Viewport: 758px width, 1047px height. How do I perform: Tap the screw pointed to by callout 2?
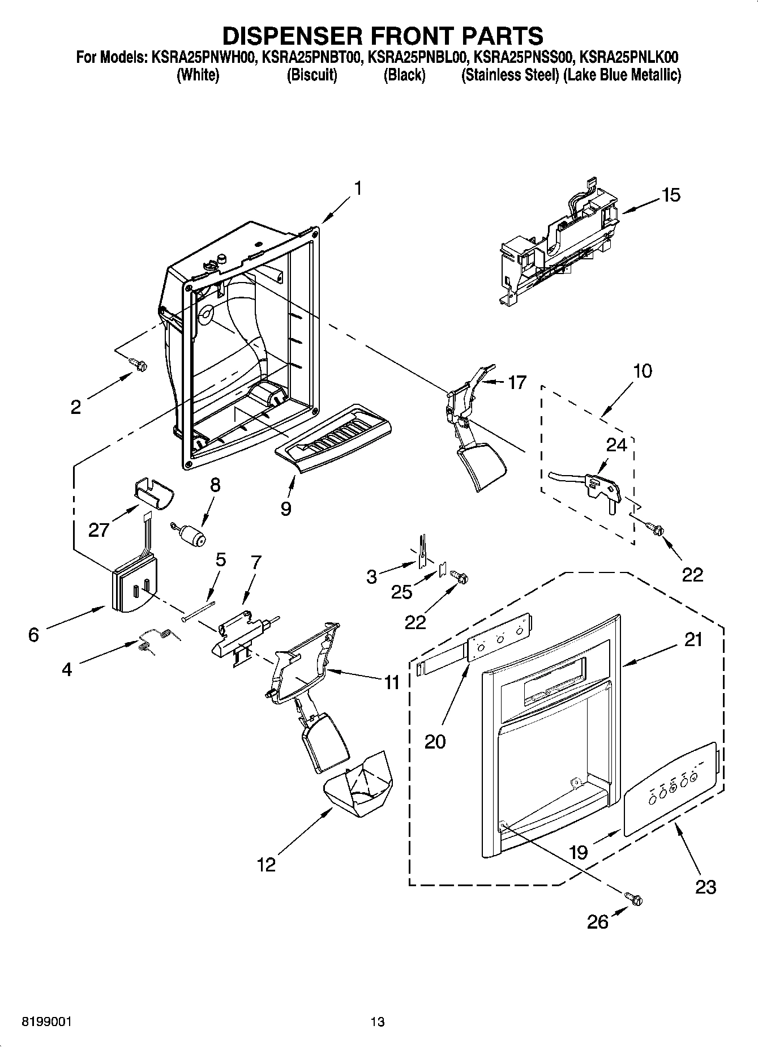(136, 364)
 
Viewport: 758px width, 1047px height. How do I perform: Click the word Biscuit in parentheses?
(312, 75)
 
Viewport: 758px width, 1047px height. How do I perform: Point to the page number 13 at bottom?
(378, 1022)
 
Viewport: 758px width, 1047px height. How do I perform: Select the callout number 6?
(34, 635)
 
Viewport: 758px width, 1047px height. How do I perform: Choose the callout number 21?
(693, 640)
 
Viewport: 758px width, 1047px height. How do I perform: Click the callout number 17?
(517, 383)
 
